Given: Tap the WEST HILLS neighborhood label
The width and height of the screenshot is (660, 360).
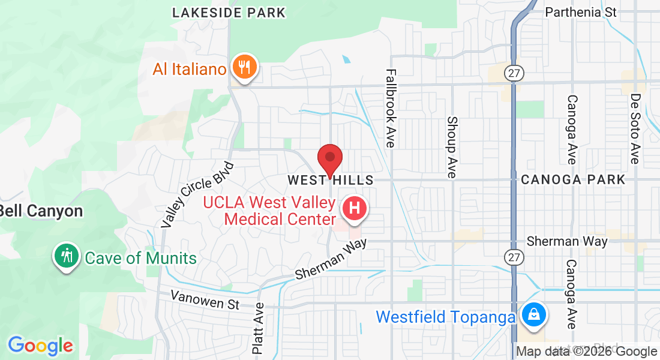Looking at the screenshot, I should point(330,180).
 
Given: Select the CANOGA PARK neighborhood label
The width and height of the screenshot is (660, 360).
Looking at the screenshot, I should point(573,180).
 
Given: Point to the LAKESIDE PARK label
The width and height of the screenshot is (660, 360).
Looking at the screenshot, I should point(229,13).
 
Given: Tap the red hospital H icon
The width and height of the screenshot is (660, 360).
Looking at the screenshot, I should point(354,209).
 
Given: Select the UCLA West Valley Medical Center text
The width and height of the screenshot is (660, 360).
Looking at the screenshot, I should point(269,210).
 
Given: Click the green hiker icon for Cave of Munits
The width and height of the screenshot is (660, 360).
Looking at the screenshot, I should point(67,256).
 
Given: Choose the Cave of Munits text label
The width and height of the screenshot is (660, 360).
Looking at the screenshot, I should point(141,259).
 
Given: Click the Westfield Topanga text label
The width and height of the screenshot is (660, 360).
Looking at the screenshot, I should point(445,316).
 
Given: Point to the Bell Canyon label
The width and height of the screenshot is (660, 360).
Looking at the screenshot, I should point(41,211).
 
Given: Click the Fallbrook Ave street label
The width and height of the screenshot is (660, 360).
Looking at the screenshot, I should point(391,108).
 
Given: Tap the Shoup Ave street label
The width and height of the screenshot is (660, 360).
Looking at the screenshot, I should point(452,147).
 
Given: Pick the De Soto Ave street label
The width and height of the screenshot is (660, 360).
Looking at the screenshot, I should point(635,129).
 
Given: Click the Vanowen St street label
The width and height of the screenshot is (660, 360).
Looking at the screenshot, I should point(205,299).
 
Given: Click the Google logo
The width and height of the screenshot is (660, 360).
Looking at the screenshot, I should point(40,346).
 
